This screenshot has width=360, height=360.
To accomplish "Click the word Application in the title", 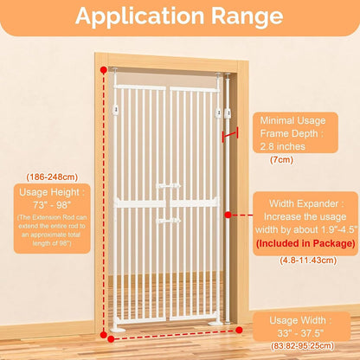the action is coord(140,16).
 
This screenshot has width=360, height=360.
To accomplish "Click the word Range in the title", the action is coord(247,16).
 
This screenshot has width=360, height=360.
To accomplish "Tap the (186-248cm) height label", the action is coord(52,177).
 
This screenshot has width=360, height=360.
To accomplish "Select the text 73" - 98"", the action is coord(52,205).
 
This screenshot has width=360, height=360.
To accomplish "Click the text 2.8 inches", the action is coord(282,146).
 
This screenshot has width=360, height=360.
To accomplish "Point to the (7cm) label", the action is coord(281,159).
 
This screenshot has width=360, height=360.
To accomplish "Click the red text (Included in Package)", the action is coord(305,243).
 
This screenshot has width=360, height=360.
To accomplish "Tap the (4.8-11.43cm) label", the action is coord(308,260).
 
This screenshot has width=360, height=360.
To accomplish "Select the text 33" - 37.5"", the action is coord(300,333).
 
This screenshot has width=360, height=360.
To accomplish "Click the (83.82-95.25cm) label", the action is coord(302,345).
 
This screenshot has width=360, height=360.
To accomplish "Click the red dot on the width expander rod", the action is coord(228,215).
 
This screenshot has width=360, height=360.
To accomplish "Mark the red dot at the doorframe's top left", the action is coord(104,69).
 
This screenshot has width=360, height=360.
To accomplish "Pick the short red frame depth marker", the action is coord(230,133).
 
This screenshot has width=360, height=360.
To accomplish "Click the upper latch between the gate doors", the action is coord(169,186).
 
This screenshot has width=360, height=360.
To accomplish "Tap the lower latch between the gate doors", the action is coord(169,222).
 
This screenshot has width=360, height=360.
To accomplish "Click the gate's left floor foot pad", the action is coord(118,330).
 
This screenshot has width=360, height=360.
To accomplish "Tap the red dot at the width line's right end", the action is coord(239,330).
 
